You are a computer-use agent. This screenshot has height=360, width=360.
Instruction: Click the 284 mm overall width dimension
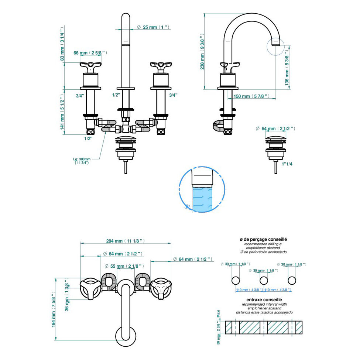tap(125, 241)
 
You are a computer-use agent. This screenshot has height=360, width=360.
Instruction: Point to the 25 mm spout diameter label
tap(152, 27)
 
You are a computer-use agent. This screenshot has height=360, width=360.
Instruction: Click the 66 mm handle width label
tap(90, 53)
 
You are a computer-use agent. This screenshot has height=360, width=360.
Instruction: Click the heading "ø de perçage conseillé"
tap(263, 239)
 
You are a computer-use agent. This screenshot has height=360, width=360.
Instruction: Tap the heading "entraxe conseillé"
tap(264, 300)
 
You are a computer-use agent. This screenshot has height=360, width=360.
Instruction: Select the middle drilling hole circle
tap(264, 280)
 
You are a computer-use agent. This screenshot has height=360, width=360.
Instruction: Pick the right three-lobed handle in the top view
tap(161, 287)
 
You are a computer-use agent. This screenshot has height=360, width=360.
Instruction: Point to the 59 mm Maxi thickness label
tap(219, 327)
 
